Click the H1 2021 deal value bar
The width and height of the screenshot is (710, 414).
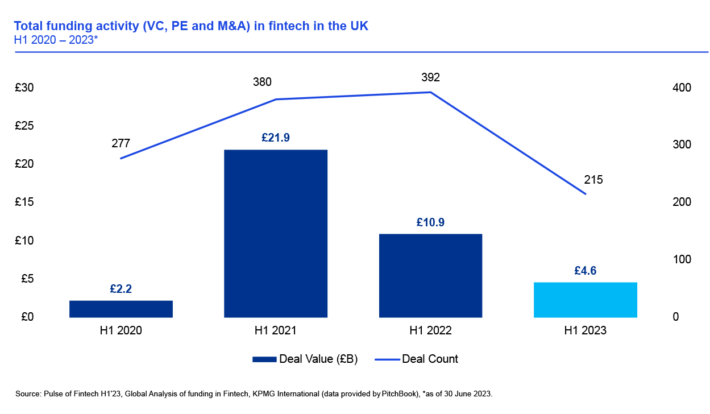pyautogui.click(x=276, y=233)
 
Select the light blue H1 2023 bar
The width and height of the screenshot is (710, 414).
pyautogui.click(x=585, y=300)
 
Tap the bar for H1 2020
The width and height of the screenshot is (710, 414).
pyautogui.click(x=121, y=309)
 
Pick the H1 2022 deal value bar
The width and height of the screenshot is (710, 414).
pyautogui.click(x=430, y=275)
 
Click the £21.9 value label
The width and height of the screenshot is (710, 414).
pyautogui.click(x=276, y=138)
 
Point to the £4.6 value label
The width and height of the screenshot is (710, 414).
pyautogui.click(x=586, y=270)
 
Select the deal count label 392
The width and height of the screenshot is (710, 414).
pyautogui.click(x=430, y=77)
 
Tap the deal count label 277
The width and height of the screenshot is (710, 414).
pyautogui.click(x=121, y=143)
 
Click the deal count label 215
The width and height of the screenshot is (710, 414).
pyautogui.click(x=593, y=180)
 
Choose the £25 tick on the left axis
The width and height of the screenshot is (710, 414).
pyautogui.click(x=24, y=126)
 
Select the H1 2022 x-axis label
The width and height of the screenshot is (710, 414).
pyautogui.click(x=430, y=330)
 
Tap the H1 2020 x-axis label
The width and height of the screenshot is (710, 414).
pyautogui.click(x=121, y=330)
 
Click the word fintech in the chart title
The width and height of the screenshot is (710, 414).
pyautogui.click(x=308, y=26)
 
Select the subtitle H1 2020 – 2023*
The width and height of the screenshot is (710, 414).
pyautogui.click(x=56, y=40)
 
